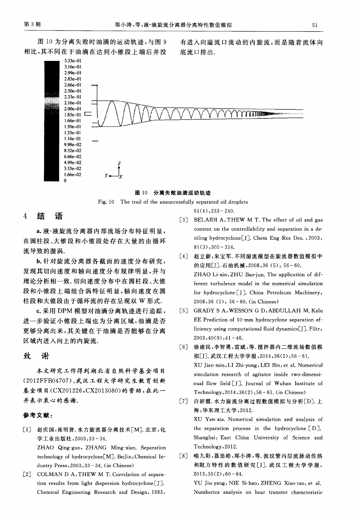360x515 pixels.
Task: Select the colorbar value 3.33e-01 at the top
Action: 73,61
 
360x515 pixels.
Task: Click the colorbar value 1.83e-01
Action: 73,114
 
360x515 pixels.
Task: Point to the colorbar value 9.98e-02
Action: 73,145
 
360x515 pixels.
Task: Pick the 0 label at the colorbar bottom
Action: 66,181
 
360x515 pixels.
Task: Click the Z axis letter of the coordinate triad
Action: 119,163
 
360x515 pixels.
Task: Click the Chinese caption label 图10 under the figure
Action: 141,193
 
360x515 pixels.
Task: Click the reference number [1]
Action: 27,429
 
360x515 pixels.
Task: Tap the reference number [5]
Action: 183,311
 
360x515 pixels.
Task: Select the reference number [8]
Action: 183,456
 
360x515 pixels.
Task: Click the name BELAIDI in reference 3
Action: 205,220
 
